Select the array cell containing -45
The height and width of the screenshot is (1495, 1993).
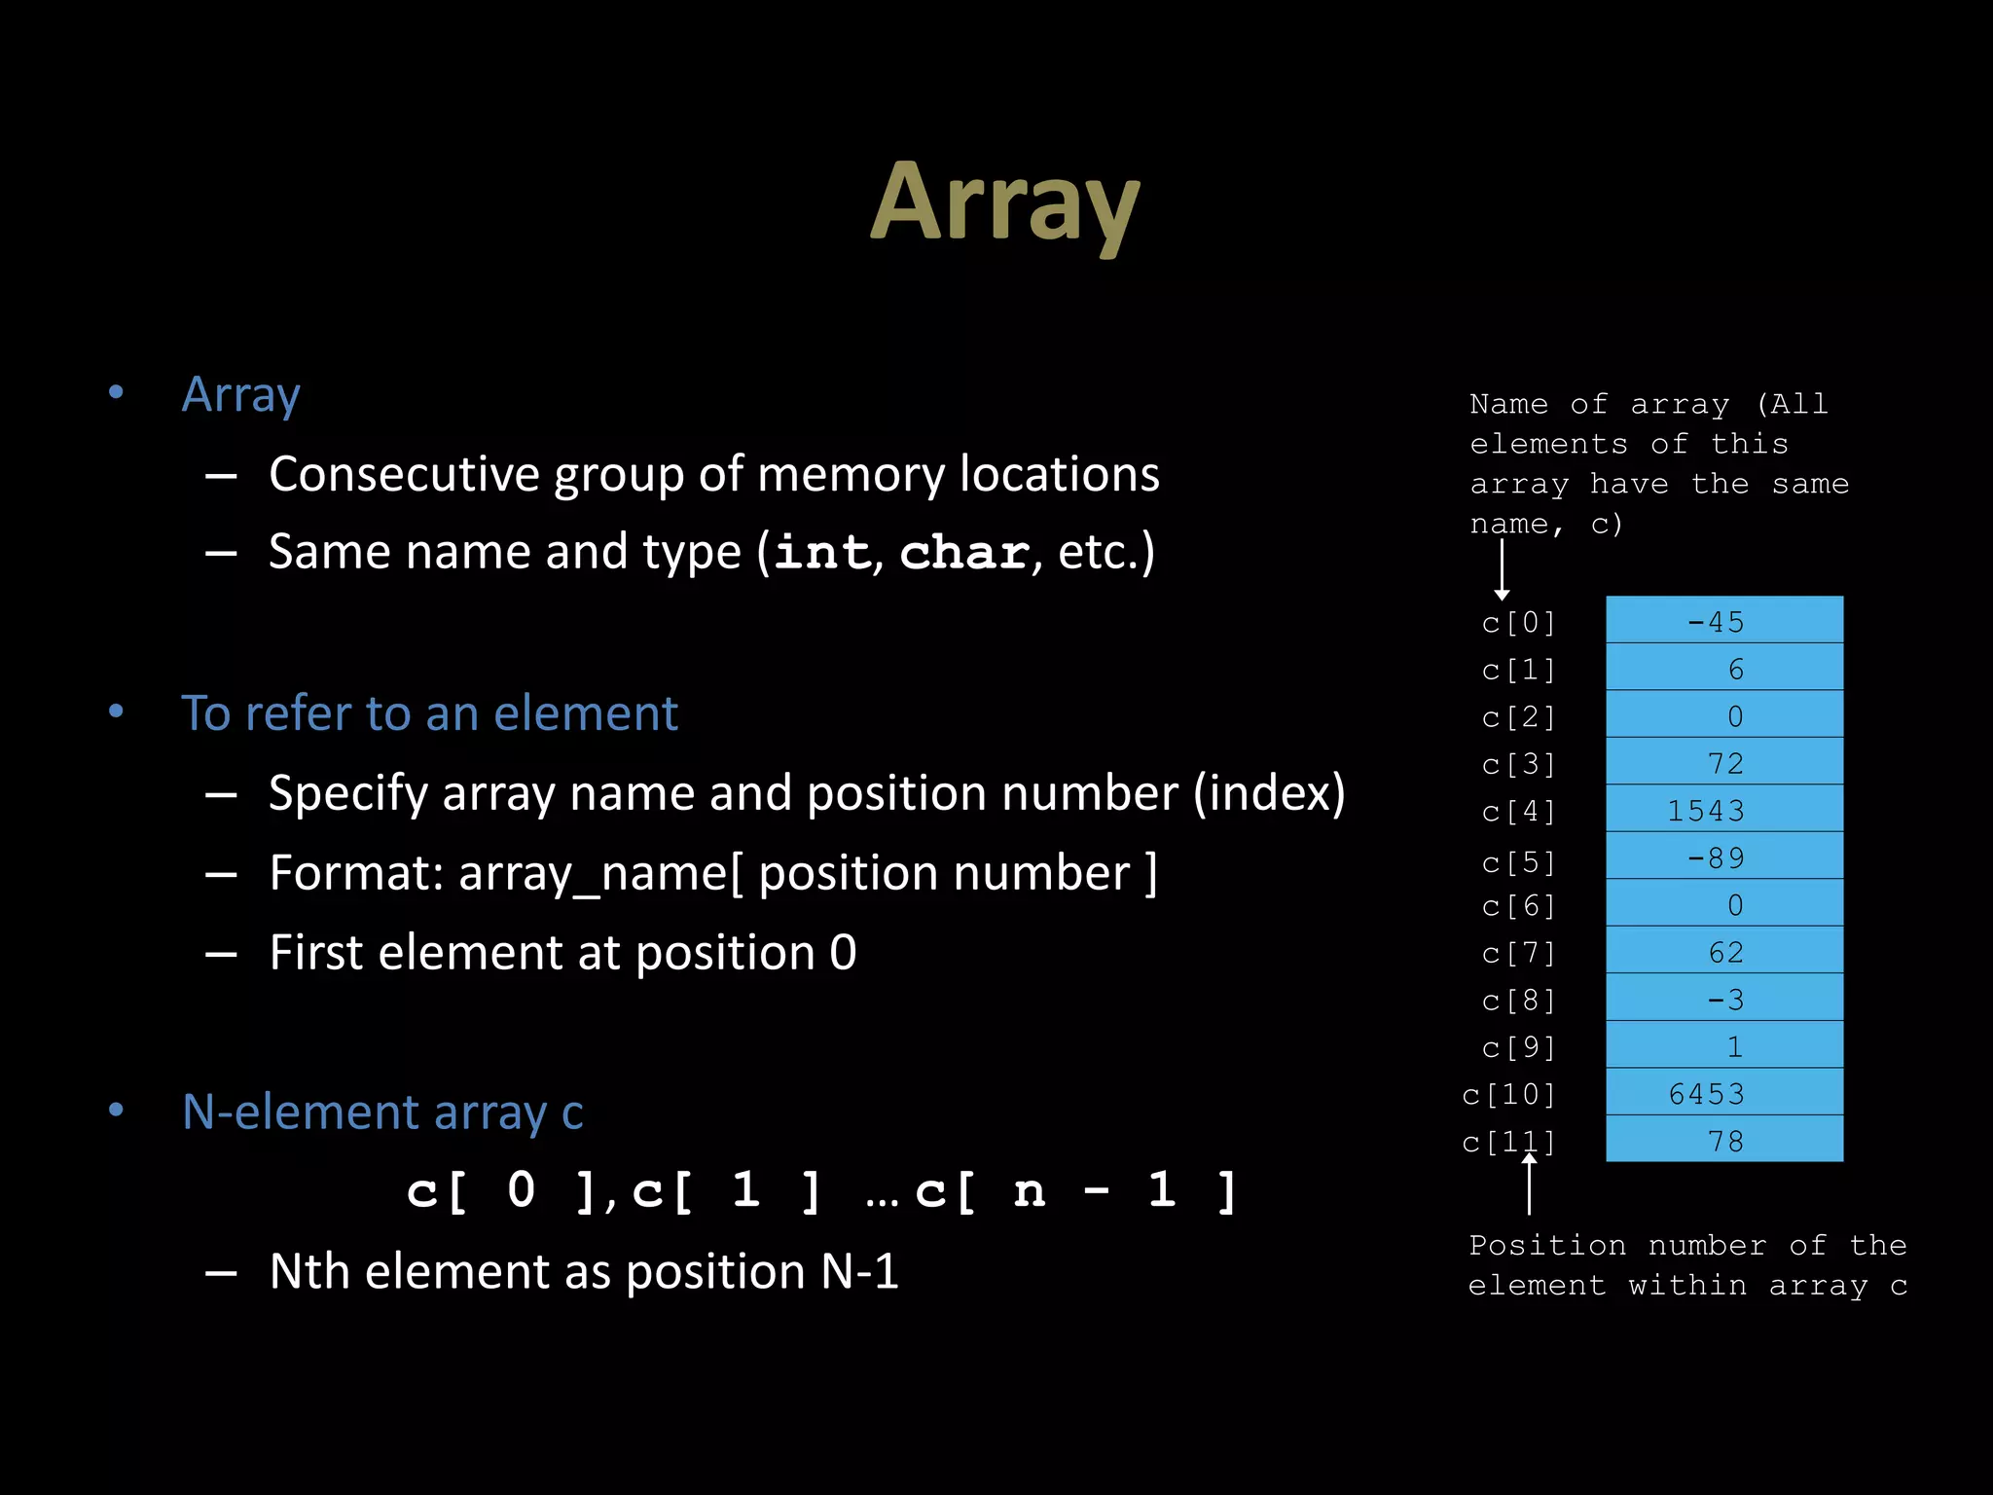[x=1723, y=620]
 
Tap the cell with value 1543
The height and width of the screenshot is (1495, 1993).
[x=1723, y=809]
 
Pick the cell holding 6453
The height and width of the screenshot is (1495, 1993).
[x=1723, y=1092]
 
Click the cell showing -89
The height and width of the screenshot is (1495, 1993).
[x=1723, y=857]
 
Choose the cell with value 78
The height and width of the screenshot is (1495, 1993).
[x=1723, y=1140]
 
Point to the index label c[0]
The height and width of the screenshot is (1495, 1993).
[x=1518, y=622]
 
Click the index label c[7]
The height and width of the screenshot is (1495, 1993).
[x=1518, y=953]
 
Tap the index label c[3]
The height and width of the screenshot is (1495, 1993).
[x=1518, y=764]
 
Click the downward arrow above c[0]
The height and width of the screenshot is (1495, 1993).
[x=1503, y=569]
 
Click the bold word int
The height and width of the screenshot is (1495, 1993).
[x=822, y=552]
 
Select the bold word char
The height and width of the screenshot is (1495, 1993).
[x=963, y=552]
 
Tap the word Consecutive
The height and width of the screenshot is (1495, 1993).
[x=404, y=474]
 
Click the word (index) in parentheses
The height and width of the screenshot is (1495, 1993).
[x=1269, y=793]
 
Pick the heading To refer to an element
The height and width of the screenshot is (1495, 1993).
[x=429, y=713]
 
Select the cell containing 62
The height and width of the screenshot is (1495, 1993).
[x=1723, y=951]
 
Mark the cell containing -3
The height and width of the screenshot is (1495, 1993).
[x=1723, y=998]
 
